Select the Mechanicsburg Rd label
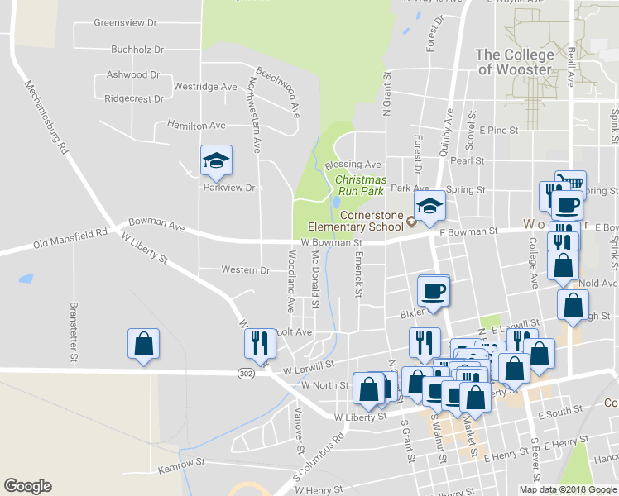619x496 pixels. click(x=46, y=117)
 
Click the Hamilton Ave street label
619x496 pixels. click(x=196, y=126)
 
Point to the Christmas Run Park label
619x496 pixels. click(x=360, y=185)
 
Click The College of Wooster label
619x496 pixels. click(x=514, y=62)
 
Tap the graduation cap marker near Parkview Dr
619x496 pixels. click(x=217, y=161)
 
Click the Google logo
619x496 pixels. click(x=27, y=486)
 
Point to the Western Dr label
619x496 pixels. click(x=245, y=270)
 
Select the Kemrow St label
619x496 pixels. click(x=181, y=464)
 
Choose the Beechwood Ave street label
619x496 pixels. click(x=277, y=91)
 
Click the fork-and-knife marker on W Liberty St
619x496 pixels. click(x=259, y=344)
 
